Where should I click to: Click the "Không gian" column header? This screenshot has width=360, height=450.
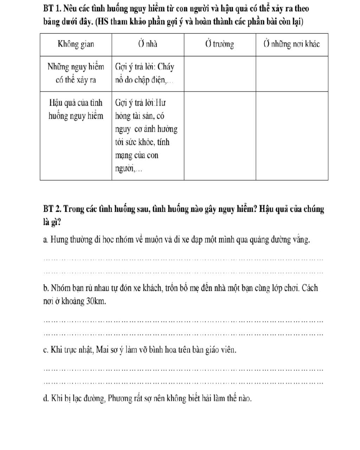pyautogui.click(x=76, y=44)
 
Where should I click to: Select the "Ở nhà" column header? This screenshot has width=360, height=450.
pyautogui.click(x=148, y=44)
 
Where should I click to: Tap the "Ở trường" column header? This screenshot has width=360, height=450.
pyautogui.click(x=220, y=44)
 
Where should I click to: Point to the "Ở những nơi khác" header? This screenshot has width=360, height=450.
pyautogui.click(x=292, y=44)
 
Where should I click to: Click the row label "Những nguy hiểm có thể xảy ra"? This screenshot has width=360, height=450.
pyautogui.click(x=76, y=73)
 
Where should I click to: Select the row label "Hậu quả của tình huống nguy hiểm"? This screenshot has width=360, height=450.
pyautogui.click(x=76, y=109)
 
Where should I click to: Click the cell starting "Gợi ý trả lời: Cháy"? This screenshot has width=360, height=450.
pyautogui.click(x=145, y=73)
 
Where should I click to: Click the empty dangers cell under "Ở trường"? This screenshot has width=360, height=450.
pyautogui.click(x=220, y=73)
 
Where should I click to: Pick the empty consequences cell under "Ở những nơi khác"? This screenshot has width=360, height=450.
pyautogui.click(x=292, y=135)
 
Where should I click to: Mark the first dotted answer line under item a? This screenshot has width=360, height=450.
pyautogui.click(x=183, y=260)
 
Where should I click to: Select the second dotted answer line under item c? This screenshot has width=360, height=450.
pyautogui.click(x=183, y=382)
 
